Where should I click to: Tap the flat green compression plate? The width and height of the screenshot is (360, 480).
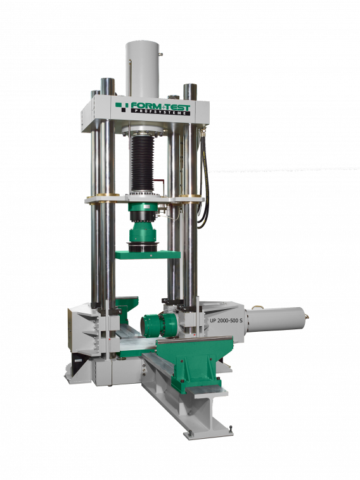(x=148, y=255)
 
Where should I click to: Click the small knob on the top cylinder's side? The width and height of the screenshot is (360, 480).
(x=162, y=55)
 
